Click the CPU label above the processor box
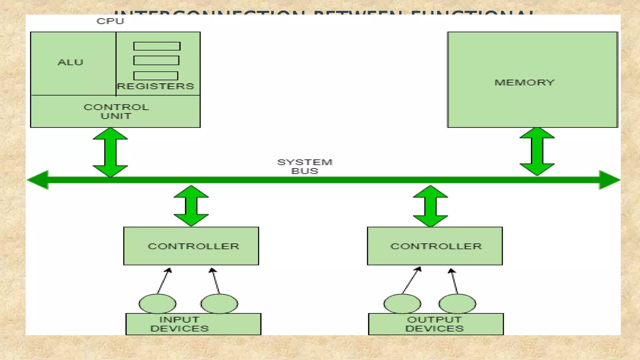pyautogui.click(x=110, y=21)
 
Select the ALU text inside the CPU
pyautogui.click(x=71, y=62)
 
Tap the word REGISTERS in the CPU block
pyautogui.click(x=156, y=86)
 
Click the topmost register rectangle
pyautogui.click(x=157, y=46)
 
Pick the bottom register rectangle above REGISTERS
pyautogui.click(x=156, y=76)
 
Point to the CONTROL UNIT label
pyautogui.click(x=116, y=112)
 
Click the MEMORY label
pyautogui.click(x=524, y=82)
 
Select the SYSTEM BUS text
pyautogui.click(x=305, y=167)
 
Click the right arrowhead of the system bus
pyautogui.click(x=609, y=180)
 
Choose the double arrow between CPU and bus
pyautogui.click(x=110, y=152)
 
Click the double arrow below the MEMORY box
pyautogui.click(x=537, y=152)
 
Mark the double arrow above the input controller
pyautogui.click(x=191, y=206)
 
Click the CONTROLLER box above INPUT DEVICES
pyautogui.click(x=191, y=246)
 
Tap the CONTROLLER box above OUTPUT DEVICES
pyautogui.click(x=435, y=246)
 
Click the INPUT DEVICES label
pyautogui.click(x=180, y=324)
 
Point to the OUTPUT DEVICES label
pyautogui.click(x=435, y=324)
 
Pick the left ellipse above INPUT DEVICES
pyautogui.click(x=157, y=303)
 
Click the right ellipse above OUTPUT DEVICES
pyautogui.click(x=457, y=303)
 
